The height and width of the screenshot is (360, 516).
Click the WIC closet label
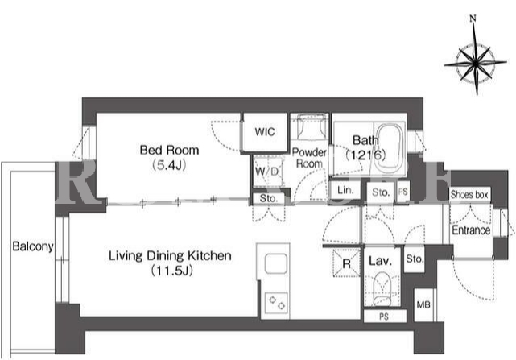coord(265,132)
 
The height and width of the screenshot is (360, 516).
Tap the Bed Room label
coord(169,150)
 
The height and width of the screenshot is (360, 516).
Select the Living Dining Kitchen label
coord(170,255)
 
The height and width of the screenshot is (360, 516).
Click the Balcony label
coord(32,246)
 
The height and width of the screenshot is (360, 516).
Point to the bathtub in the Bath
coord(390,148)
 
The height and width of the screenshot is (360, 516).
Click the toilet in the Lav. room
coord(382,288)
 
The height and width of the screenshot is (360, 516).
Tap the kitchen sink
coord(275,264)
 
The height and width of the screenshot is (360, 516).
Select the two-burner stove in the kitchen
coord(276,303)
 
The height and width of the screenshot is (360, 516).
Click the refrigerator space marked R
coord(346,263)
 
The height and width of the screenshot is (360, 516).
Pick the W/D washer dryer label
coord(267,172)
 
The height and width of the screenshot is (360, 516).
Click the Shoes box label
coord(469,195)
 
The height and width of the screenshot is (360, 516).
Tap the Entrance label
coord(471,230)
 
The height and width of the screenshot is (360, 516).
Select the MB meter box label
coord(423,304)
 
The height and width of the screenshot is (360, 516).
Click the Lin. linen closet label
coord(345,190)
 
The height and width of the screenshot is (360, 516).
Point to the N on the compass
coord(473,19)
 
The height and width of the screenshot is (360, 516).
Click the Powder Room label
coord(309,158)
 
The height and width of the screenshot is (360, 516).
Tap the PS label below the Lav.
coord(384,317)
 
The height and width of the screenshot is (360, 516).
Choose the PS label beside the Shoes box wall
coord(402,192)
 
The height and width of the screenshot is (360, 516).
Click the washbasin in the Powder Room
coord(309,127)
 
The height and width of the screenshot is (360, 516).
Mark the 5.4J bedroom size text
coord(169,165)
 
